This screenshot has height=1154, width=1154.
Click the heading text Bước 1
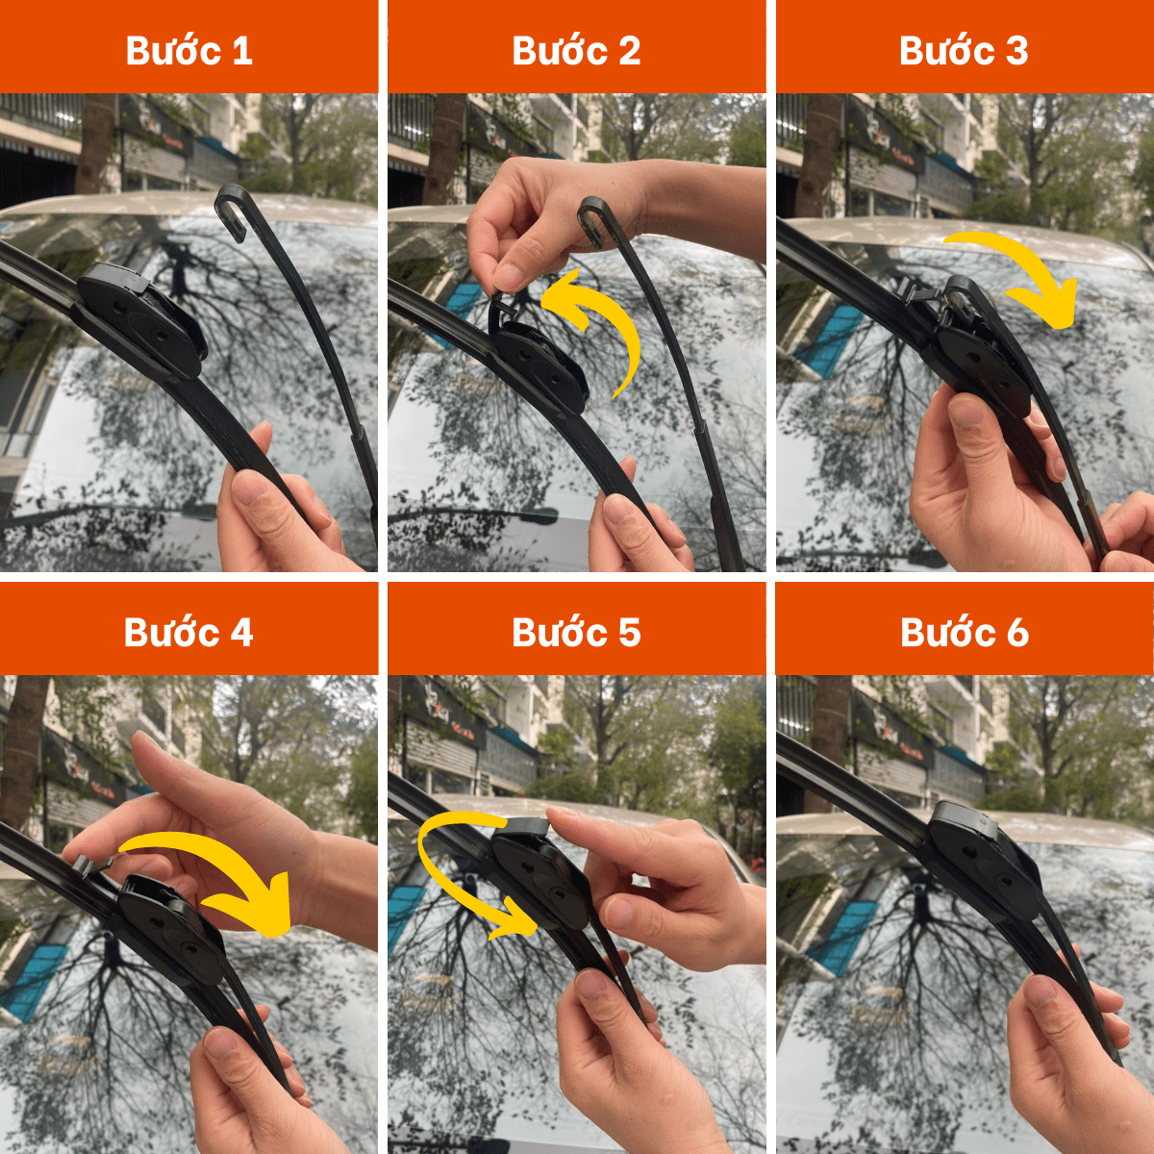188,50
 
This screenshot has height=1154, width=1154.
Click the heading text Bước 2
576,50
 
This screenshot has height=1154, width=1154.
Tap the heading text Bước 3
964,50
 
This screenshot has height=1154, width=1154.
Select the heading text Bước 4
188,632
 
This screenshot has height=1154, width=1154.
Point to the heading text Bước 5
576,632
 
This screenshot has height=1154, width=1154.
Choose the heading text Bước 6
965,632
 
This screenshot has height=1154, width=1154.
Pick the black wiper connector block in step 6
982,863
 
